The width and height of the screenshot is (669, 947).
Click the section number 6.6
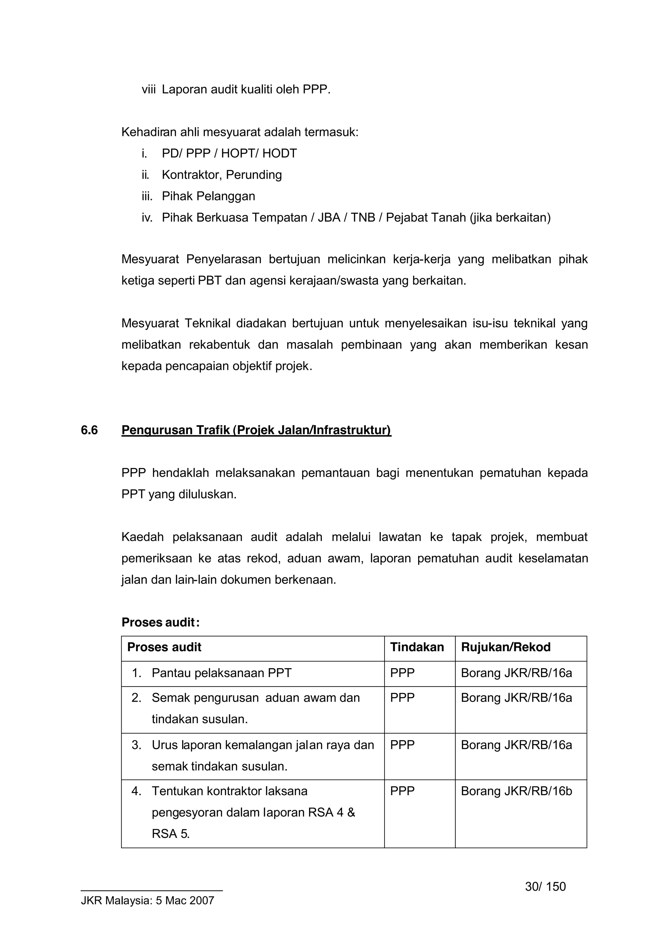(89, 430)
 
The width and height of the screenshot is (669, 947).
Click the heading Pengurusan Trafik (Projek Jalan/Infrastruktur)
(256, 430)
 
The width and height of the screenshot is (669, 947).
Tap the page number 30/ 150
(545, 886)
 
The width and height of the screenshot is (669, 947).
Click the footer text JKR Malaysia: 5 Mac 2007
(148, 900)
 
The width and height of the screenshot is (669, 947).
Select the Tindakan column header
(417, 647)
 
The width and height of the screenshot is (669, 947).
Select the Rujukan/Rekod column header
(505, 647)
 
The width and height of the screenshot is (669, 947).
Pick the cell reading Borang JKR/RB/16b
(516, 791)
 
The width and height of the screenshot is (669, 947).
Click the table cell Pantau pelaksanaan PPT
(221, 673)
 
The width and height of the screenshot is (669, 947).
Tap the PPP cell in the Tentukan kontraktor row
(402, 791)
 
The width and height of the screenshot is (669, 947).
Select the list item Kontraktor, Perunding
(222, 174)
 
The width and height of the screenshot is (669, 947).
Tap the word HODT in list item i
(280, 154)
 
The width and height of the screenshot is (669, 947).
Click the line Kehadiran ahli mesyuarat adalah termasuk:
(240, 132)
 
